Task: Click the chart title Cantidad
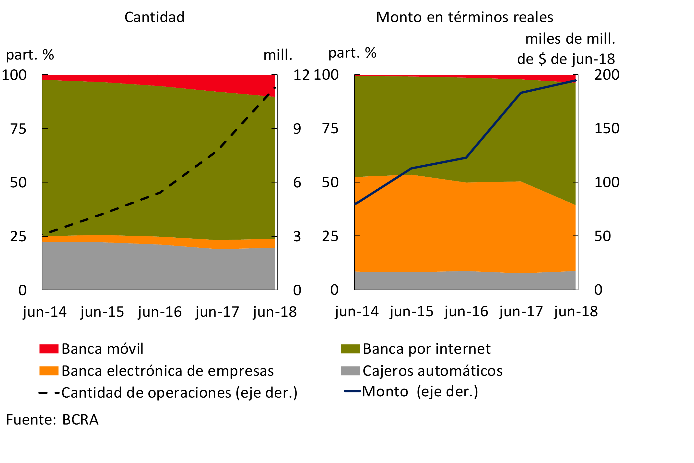(154, 17)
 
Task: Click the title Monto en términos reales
(464, 17)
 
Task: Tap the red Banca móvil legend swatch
(49, 349)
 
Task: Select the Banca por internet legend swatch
(350, 349)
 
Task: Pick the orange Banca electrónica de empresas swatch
(49, 371)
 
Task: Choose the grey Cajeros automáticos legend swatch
(350, 371)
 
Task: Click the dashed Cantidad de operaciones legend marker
(49, 393)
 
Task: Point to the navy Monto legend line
(352, 391)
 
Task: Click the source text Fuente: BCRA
(52, 420)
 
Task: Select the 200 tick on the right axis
(607, 75)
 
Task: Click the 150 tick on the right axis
(607, 128)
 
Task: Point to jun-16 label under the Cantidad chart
(160, 312)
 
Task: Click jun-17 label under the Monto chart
(521, 312)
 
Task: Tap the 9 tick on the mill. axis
(297, 129)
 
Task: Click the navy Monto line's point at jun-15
(411, 169)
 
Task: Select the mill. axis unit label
(278, 55)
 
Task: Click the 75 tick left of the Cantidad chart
(18, 129)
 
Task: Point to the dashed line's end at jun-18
(274, 88)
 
